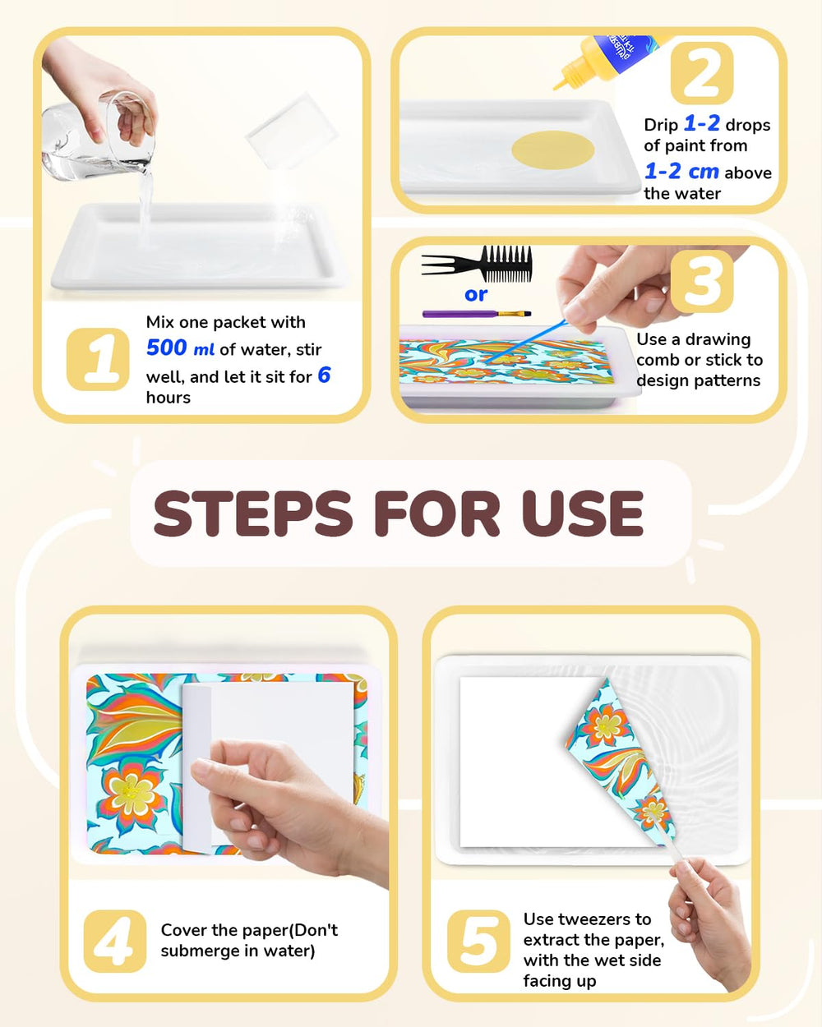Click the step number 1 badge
click(98, 359)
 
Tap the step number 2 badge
click(701, 73)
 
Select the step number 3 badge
click(701, 282)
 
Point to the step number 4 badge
click(114, 941)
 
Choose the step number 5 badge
click(478, 941)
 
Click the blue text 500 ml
click(180, 348)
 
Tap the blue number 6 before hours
click(324, 375)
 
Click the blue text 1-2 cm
click(681, 172)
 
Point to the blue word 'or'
click(476, 295)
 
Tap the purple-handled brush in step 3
click(476, 314)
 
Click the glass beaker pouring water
click(99, 140)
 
